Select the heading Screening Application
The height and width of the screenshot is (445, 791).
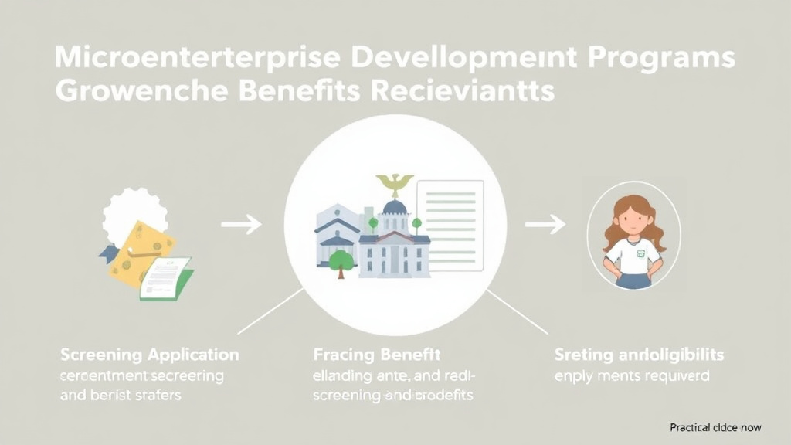pos(150,355)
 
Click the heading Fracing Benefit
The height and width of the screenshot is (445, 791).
pos(377,355)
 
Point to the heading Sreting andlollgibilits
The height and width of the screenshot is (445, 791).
pos(639,355)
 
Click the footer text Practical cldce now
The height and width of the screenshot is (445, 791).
pos(715,427)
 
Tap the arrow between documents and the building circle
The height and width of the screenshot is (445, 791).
pos(241,226)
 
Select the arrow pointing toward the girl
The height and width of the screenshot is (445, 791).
pos(545,225)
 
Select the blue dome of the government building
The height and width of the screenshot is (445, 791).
pos(395,207)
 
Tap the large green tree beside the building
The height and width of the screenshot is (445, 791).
pos(341,261)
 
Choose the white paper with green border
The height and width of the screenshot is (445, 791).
pos(166,277)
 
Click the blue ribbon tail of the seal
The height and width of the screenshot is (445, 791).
pos(107,252)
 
